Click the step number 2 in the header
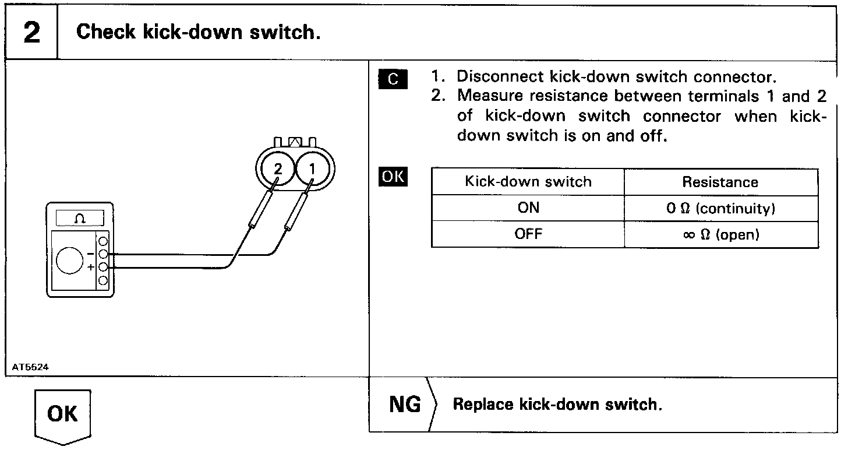coord(31,33)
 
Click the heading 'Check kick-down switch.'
coord(199,32)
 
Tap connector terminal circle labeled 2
coord(278,169)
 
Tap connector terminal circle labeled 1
coord(312,169)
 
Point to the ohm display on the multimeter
coord(80,219)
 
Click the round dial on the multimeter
coord(70,261)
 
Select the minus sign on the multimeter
coord(91,254)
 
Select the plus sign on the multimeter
coord(91,267)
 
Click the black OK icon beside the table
coord(393,177)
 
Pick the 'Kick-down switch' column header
coord(528,182)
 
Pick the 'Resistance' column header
coord(720,182)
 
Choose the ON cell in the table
coord(528,208)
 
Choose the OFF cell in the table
coord(528,234)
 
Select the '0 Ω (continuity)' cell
coord(720,209)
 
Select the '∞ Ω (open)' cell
coord(720,234)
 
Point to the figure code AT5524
coord(30,368)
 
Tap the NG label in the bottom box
coord(405,405)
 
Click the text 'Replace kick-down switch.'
coord(557,405)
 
